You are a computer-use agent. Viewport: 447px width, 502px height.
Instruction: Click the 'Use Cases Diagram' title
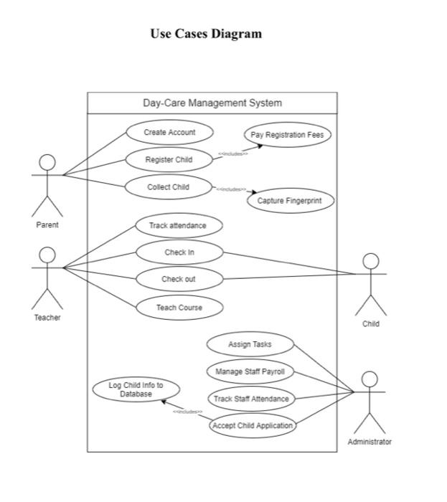pyautogui.click(x=206, y=34)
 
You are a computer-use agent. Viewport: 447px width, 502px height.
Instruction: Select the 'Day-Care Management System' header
pyautogui.click(x=212, y=103)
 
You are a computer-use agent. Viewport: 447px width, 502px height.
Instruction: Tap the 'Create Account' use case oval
pyautogui.click(x=169, y=132)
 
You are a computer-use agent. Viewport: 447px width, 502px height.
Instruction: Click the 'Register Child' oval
pyautogui.click(x=169, y=160)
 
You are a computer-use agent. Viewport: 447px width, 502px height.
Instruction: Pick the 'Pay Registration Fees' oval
pyautogui.click(x=287, y=135)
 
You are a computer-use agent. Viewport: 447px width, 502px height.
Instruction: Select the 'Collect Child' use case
pyautogui.click(x=169, y=187)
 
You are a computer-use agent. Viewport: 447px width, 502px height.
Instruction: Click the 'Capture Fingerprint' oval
pyautogui.click(x=291, y=202)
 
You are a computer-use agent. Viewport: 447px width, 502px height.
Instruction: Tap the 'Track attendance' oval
pyautogui.click(x=178, y=225)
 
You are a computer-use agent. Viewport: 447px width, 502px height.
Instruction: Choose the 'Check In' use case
pyautogui.click(x=179, y=252)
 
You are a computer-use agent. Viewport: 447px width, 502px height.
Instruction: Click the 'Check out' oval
pyautogui.click(x=179, y=279)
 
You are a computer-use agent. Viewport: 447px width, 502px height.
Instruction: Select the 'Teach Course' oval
pyautogui.click(x=179, y=308)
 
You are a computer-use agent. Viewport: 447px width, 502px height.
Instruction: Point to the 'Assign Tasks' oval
pyautogui.click(x=250, y=344)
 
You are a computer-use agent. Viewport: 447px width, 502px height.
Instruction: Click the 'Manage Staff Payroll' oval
pyautogui.click(x=250, y=371)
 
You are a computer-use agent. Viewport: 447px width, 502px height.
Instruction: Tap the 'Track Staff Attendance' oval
pyautogui.click(x=251, y=399)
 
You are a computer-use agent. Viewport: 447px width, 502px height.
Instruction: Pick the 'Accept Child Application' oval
pyautogui.click(x=252, y=425)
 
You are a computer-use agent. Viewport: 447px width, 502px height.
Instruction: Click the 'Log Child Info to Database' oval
pyautogui.click(x=136, y=389)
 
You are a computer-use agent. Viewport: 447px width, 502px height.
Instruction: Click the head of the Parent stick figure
pyautogui.click(x=47, y=162)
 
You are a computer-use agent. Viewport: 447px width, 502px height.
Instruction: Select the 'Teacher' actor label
pyautogui.click(x=47, y=318)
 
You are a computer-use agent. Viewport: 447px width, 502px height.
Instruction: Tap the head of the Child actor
pyautogui.click(x=370, y=261)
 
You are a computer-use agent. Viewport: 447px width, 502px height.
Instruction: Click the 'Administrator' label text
pyautogui.click(x=370, y=442)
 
